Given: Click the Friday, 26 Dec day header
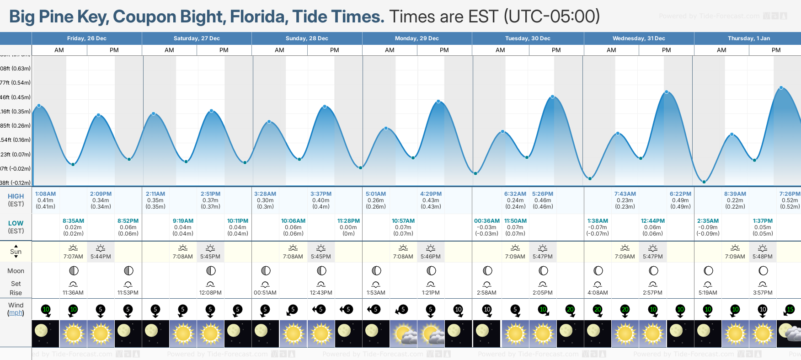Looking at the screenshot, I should [86, 38].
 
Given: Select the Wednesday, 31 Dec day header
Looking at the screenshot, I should [639, 38].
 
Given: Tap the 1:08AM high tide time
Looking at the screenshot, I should [45, 194].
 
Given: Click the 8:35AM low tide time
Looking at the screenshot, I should [73, 221].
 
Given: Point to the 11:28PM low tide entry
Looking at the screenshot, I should [348, 221].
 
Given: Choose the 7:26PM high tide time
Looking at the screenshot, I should [790, 194].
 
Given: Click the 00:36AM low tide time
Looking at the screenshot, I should [486, 221].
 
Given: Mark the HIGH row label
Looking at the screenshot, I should [16, 196].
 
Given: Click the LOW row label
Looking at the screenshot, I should [16, 223].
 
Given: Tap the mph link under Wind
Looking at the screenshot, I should [16, 313].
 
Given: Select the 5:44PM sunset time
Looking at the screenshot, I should [101, 257].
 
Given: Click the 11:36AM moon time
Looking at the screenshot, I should [73, 293].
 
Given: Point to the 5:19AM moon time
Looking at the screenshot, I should [708, 293].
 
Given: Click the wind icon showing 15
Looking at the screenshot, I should [790, 310].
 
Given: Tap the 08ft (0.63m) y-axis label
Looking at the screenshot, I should [16, 69].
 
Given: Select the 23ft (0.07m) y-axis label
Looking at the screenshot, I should [16, 155].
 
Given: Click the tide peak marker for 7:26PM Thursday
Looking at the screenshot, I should [781, 88].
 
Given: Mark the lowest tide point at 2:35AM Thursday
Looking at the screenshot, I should [704, 182].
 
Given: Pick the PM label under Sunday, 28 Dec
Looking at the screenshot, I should [335, 50].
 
